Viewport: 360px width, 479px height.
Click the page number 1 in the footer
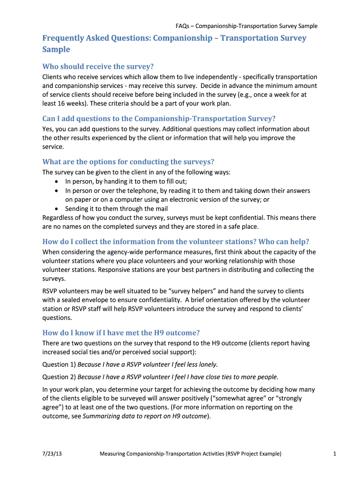tap(334, 453)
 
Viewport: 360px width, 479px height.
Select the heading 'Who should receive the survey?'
tap(98, 66)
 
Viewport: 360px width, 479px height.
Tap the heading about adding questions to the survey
tap(159, 118)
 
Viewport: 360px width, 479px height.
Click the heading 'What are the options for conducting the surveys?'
tap(128, 162)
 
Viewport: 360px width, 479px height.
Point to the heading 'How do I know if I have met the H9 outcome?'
tap(121, 333)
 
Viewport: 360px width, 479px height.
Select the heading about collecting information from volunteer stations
tap(176, 241)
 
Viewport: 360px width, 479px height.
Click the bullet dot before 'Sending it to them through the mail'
tap(57, 209)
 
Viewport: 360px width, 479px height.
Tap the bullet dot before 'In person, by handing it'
tap(57, 182)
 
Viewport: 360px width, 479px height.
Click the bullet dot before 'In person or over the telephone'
tap(57, 191)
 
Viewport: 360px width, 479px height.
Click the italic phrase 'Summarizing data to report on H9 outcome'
tap(144, 416)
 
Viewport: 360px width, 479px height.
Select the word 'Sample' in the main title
tap(56, 49)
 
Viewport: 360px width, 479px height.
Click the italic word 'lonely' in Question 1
tap(208, 364)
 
